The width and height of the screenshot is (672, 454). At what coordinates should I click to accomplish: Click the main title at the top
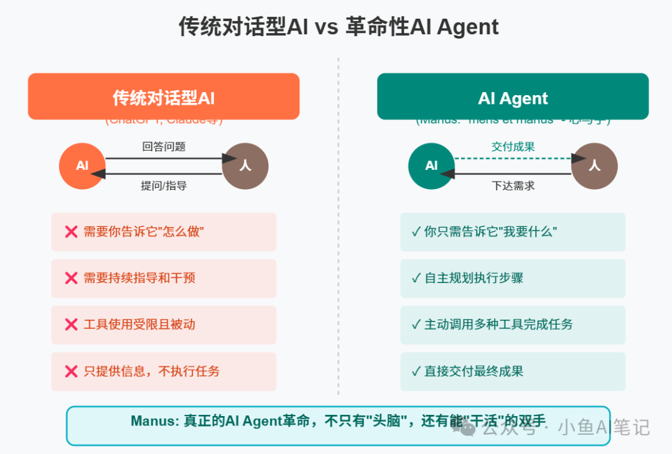pos(338,27)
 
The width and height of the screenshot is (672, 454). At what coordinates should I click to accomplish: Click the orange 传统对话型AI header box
pos(164,96)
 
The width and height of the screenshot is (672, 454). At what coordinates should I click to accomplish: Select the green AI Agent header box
pos(513,96)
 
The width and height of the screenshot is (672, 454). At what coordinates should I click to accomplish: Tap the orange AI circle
pos(82,166)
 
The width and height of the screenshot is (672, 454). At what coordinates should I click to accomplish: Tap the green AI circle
pos(431,166)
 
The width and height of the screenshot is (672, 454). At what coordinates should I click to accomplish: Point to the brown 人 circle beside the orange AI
pos(245,166)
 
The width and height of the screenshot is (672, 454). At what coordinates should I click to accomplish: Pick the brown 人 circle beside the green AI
pos(594,166)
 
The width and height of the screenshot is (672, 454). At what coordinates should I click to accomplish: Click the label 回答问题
pos(164,147)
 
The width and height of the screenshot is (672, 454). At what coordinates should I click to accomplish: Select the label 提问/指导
pos(164,185)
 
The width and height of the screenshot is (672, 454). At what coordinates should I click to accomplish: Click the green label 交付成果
pos(513,147)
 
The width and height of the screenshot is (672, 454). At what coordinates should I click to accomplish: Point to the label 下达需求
pos(513,185)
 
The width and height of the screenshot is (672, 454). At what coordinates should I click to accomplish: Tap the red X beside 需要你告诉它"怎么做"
pos(71,232)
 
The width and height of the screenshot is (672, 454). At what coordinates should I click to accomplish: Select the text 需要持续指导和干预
pos(139,278)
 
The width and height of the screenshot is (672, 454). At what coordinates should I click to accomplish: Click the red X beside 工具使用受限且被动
pos(71,325)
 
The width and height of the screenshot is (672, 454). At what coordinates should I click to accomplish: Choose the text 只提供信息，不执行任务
pos(151,371)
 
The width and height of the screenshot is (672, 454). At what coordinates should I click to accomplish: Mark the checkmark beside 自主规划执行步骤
pos(416,278)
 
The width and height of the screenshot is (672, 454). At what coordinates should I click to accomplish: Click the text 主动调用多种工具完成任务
pos(498,325)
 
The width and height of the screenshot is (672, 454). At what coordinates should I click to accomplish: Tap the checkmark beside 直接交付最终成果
pos(416,371)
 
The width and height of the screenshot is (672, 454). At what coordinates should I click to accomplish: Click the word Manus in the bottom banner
pos(154,421)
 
